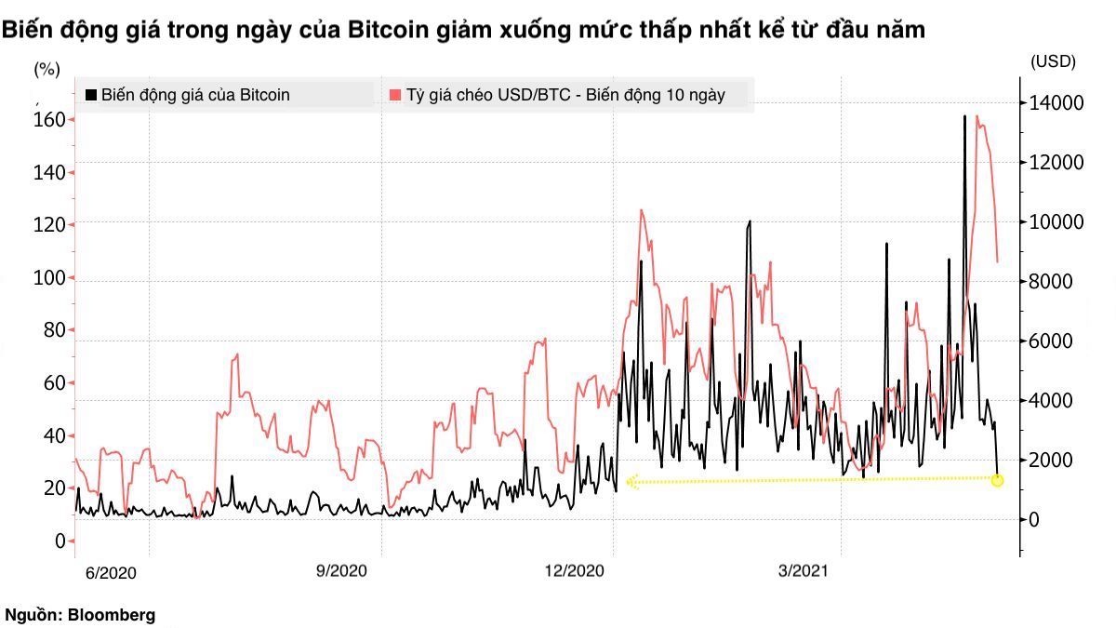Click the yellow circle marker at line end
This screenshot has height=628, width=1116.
(x=998, y=480)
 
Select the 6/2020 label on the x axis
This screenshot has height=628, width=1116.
(x=111, y=573)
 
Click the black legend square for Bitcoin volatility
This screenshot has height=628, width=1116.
(x=90, y=94)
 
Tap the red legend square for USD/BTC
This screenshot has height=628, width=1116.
(x=395, y=94)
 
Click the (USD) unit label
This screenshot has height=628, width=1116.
(x=1053, y=61)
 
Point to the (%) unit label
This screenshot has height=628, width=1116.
(x=46, y=68)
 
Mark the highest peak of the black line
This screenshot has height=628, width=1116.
(x=964, y=116)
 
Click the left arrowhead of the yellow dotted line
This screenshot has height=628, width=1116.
(x=631, y=482)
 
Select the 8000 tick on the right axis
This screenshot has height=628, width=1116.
(x=1054, y=281)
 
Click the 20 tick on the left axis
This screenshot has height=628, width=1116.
(x=53, y=488)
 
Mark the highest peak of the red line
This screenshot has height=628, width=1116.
(x=976, y=116)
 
